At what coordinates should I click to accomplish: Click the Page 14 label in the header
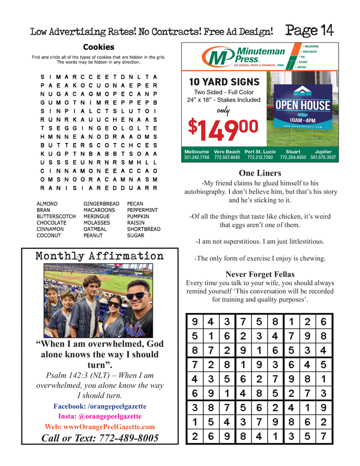tap(310, 31)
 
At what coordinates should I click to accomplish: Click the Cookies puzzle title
tap(98, 47)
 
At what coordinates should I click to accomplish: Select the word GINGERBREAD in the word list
tap(101, 204)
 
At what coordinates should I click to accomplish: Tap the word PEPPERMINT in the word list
tap(142, 211)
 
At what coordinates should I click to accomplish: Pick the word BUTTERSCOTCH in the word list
tap(56, 217)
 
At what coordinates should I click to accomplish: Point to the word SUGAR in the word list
tap(136, 236)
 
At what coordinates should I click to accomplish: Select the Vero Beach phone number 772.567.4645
tap(227, 158)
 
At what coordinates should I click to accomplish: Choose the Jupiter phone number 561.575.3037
tap(323, 158)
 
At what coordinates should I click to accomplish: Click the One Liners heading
tap(260, 173)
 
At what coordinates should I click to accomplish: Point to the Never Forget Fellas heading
tap(260, 274)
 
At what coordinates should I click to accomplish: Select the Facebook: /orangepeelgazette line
tap(100, 406)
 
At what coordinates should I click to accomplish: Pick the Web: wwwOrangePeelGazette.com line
tap(100, 426)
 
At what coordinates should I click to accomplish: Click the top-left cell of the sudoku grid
tap(194, 321)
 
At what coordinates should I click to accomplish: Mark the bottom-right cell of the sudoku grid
tap(324, 437)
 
